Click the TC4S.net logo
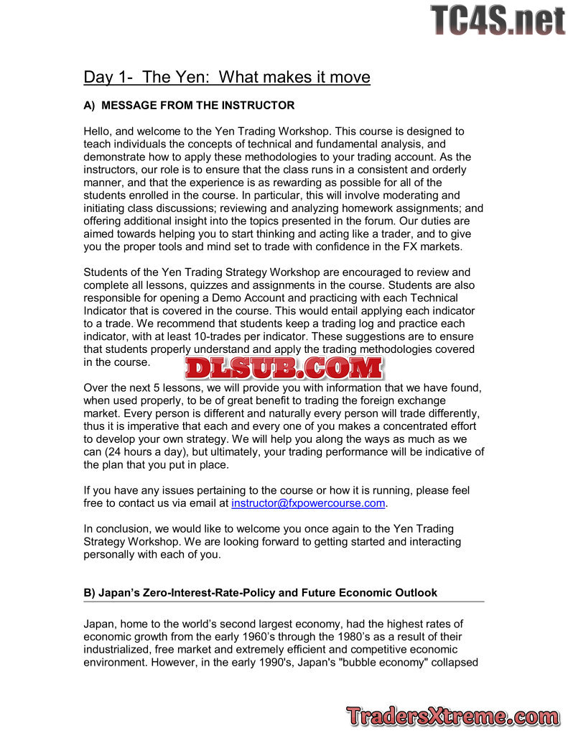click(498, 19)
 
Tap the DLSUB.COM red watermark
click(284, 368)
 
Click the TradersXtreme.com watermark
click(453, 716)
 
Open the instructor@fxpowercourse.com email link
click(308, 503)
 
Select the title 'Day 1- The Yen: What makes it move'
click(227, 77)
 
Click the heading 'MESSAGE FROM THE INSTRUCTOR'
click(197, 106)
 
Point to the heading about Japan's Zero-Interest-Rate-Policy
click(260, 593)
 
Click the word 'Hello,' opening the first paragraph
click(99, 132)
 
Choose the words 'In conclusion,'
click(119, 528)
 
